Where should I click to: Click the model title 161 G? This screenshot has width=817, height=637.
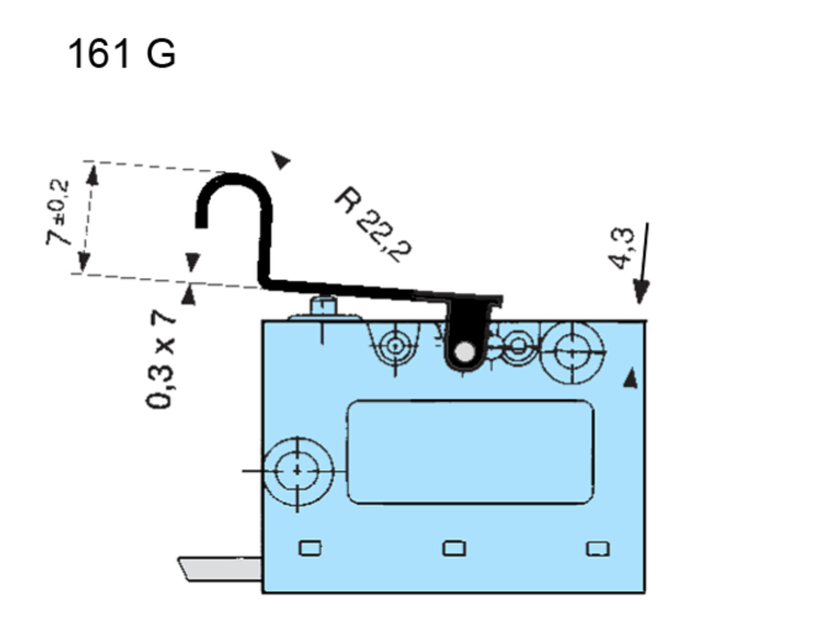(x=121, y=54)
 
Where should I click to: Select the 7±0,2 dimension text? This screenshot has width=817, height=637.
(x=58, y=212)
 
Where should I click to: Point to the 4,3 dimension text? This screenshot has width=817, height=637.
(x=623, y=248)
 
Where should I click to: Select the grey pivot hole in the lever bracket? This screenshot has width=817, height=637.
(x=464, y=352)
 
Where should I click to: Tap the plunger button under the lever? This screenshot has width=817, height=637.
(x=324, y=307)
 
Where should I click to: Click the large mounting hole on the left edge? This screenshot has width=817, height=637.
(x=297, y=470)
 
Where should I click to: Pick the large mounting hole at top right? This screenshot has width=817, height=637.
(x=571, y=353)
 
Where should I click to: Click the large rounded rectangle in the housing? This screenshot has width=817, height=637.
(x=470, y=452)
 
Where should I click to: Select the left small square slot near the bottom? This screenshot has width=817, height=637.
(x=310, y=548)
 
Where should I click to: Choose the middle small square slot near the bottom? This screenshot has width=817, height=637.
(x=454, y=548)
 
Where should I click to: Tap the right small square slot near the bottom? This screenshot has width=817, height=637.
(x=597, y=548)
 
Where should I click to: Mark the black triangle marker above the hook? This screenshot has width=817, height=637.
(x=282, y=160)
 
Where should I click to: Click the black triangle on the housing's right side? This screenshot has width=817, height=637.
(x=631, y=378)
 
